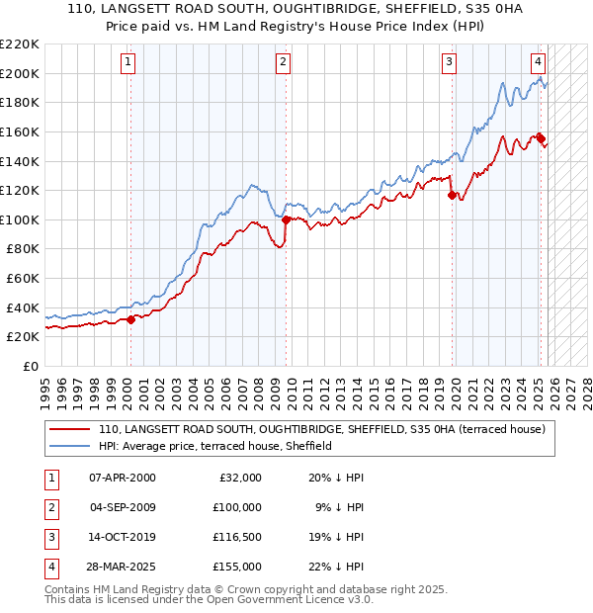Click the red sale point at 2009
point(286,219)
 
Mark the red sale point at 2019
point(452,196)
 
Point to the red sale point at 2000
point(131,319)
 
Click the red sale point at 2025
point(541,138)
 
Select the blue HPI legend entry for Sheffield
point(214,446)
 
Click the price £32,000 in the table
point(238,477)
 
